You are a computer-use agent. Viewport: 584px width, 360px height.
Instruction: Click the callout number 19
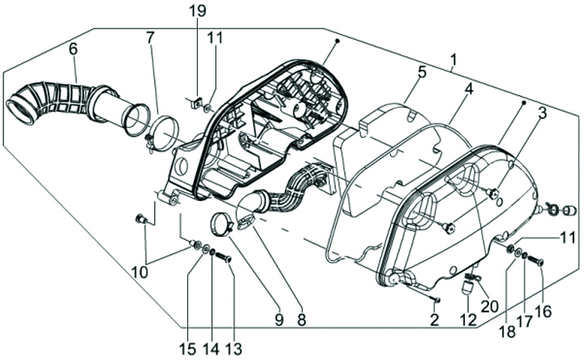pyautogui.click(x=198, y=11)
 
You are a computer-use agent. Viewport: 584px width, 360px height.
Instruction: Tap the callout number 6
pyautogui.click(x=73, y=49)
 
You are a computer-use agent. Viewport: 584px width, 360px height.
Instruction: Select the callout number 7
pyautogui.click(x=150, y=37)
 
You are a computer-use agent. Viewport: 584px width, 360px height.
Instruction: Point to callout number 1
pyautogui.click(x=453, y=59)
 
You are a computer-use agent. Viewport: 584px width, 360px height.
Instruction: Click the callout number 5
pyautogui.click(x=422, y=72)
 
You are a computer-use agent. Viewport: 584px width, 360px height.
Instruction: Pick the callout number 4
pyautogui.click(x=468, y=87)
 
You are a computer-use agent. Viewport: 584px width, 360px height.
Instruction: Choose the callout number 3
pyautogui.click(x=541, y=113)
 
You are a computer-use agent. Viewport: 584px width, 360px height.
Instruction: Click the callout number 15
pyautogui.click(x=187, y=348)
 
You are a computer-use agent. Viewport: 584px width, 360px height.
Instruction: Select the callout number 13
pyautogui.click(x=234, y=348)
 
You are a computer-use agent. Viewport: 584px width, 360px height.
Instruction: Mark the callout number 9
pyautogui.click(x=278, y=319)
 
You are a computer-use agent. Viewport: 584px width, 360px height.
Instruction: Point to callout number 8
pyautogui.click(x=302, y=319)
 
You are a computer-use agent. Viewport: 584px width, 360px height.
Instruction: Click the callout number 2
pyautogui.click(x=435, y=320)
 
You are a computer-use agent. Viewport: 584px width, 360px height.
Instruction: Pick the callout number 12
pyautogui.click(x=468, y=320)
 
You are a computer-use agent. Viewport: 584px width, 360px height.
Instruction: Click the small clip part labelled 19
pyautogui.click(x=195, y=102)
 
